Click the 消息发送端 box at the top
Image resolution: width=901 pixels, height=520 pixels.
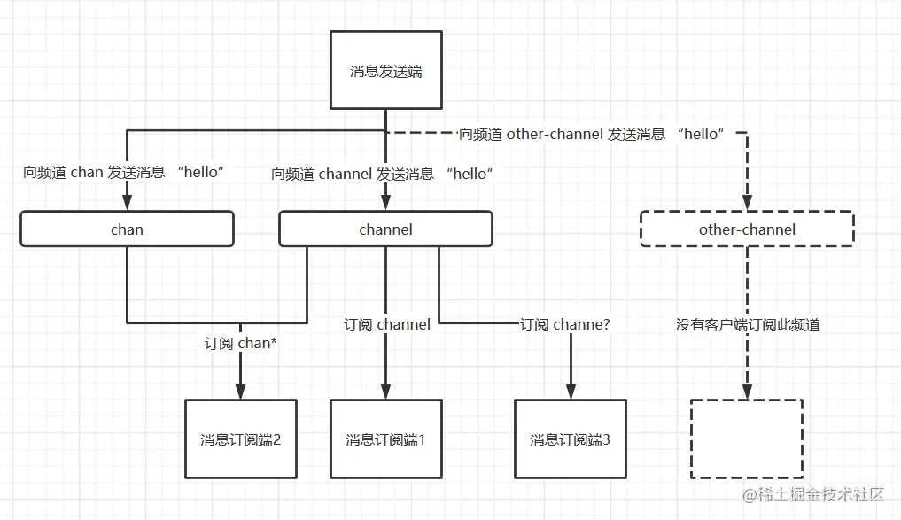pyautogui.click(x=385, y=71)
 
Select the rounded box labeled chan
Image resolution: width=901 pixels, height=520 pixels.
pyautogui.click(x=127, y=229)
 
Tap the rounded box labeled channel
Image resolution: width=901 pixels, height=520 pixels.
pyautogui.click(x=385, y=229)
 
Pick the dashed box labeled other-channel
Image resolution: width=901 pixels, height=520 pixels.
pyautogui.click(x=746, y=229)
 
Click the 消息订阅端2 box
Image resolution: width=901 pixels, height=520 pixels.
pyautogui.click(x=240, y=439)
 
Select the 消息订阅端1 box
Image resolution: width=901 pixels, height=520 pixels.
pyautogui.click(x=385, y=439)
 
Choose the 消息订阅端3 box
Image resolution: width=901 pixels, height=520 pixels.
pyautogui.click(x=570, y=439)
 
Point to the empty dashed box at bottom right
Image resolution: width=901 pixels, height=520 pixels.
pyautogui.click(x=746, y=439)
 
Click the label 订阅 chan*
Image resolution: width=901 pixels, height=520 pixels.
pyautogui.click(x=241, y=343)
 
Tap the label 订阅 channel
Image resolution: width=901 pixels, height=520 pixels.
pyautogui.click(x=387, y=324)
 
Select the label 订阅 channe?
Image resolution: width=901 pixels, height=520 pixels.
pyautogui.click(x=564, y=324)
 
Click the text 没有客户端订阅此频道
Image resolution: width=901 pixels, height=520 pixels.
pyautogui.click(x=748, y=324)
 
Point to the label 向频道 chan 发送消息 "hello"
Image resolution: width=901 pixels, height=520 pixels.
pyautogui.click(x=124, y=173)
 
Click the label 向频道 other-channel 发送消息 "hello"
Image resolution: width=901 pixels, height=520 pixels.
pyautogui.click(x=592, y=134)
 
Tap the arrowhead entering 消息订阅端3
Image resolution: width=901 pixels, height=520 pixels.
pyautogui.click(x=570, y=392)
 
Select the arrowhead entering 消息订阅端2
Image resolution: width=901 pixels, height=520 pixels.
pyautogui.click(x=240, y=392)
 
